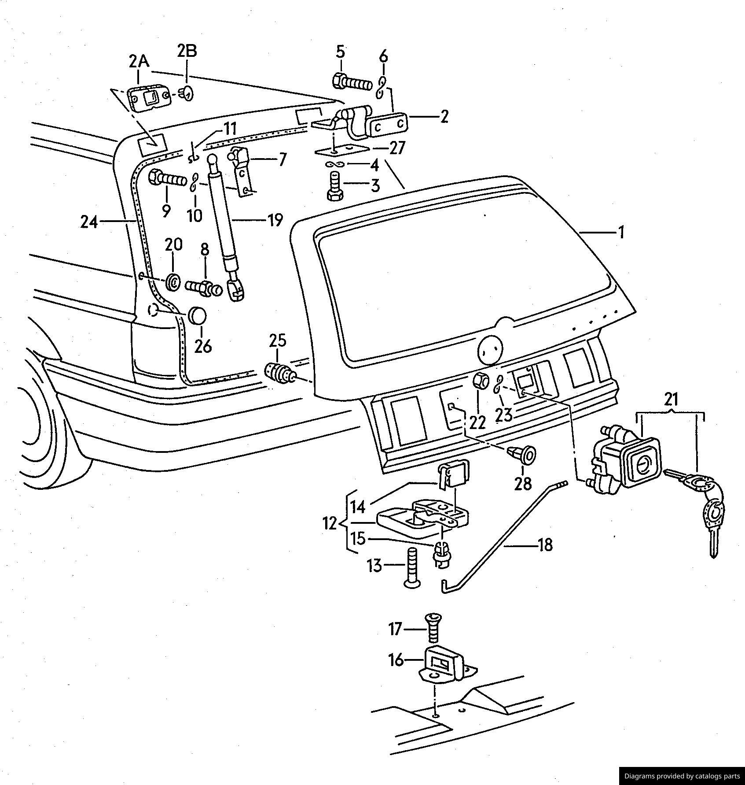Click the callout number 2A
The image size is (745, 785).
(x=139, y=61)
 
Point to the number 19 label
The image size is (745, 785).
(x=275, y=220)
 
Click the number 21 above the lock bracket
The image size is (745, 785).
(x=671, y=400)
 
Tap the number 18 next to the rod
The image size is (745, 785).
(x=545, y=545)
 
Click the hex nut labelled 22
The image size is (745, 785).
(x=480, y=380)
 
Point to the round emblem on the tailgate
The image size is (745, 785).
(x=490, y=349)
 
